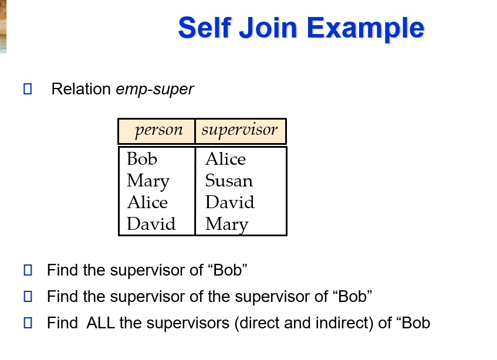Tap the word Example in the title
click(x=366, y=28)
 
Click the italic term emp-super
click(x=155, y=90)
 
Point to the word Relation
click(x=81, y=90)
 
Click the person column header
click(x=158, y=130)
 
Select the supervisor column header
click(x=239, y=130)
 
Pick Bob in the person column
click(x=142, y=159)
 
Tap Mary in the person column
click(x=148, y=181)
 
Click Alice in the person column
click(x=147, y=202)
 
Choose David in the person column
click(x=151, y=224)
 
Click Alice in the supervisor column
click(x=225, y=159)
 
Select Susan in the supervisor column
click(x=229, y=181)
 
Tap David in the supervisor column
click(x=229, y=202)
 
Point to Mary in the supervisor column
click(x=226, y=224)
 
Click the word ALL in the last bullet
click(x=101, y=323)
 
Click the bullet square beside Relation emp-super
click(x=27, y=90)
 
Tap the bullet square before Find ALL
click(x=27, y=322)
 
